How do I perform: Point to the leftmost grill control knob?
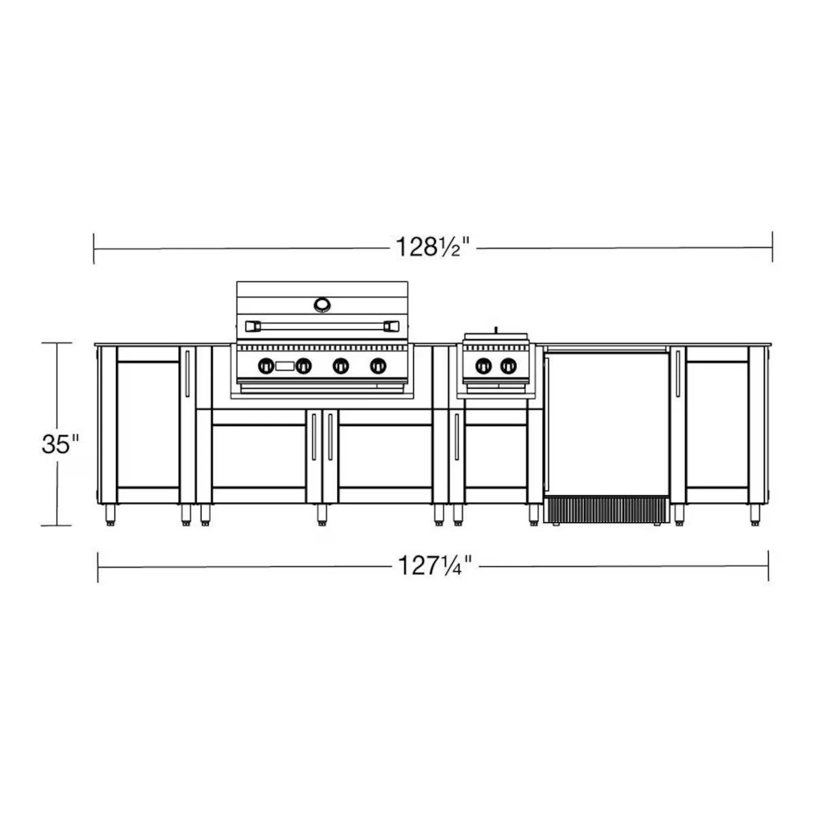click(x=265, y=366)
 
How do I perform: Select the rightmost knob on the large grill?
click(x=378, y=366)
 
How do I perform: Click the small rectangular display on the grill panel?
click(x=285, y=366)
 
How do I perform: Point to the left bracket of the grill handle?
click(x=253, y=326)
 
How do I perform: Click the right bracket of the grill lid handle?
click(x=391, y=326)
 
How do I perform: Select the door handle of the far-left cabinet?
click(x=188, y=374)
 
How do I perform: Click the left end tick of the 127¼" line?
click(x=99, y=566)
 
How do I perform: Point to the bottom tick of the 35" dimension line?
click(x=57, y=526)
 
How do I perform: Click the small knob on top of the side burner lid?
click(x=496, y=330)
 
